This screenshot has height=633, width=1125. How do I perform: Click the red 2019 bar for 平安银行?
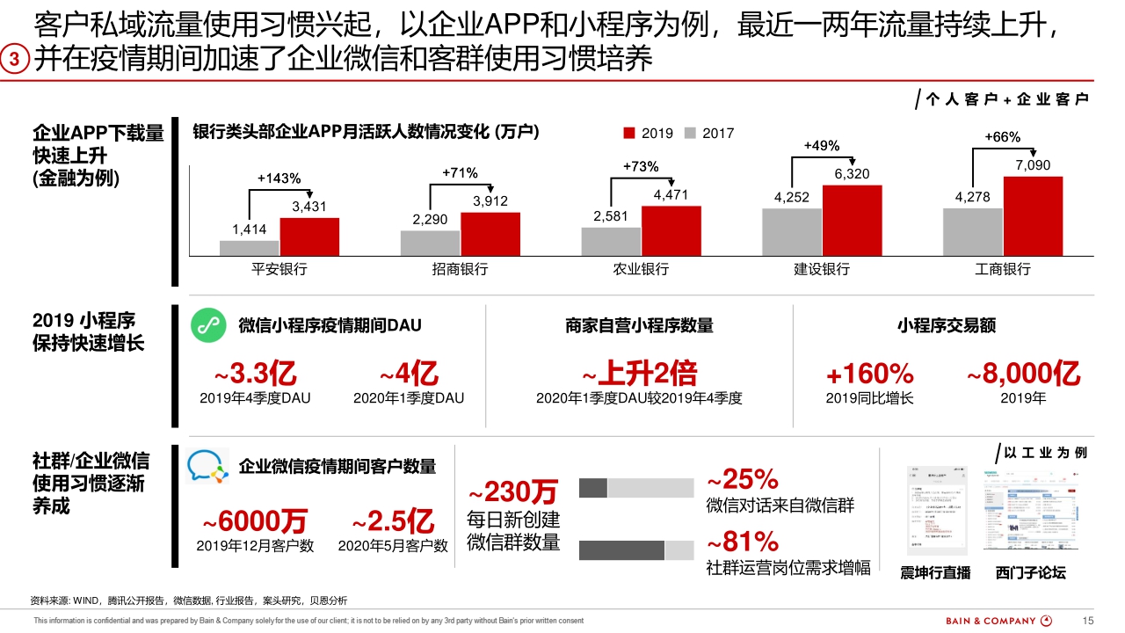coord(309,236)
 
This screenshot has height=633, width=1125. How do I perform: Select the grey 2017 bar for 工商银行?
coord(972,231)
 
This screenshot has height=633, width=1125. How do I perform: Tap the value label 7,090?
coord(1033,165)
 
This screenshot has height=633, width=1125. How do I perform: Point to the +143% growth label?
coord(279,178)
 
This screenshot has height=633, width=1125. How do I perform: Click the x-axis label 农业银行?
coord(641,269)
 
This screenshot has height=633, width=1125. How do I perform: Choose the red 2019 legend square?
coord(629,134)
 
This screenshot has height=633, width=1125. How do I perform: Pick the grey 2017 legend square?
coord(690,134)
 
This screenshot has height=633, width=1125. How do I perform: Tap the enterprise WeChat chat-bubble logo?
coord(207,466)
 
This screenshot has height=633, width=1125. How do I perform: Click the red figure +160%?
coord(869,374)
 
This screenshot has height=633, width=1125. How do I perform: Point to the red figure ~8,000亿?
coord(1023,374)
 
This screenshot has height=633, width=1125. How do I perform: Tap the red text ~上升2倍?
coord(639,374)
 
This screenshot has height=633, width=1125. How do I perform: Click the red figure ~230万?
coord(512,490)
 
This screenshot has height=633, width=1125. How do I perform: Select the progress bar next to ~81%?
coord(636,550)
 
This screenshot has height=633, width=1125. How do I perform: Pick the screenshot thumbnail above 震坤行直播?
coord(936,510)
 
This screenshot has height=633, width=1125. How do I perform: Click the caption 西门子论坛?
coord(1030,573)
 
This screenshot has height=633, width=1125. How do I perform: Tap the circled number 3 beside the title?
coord(16,59)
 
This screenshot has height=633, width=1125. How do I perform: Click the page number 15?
coord(1088,621)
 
